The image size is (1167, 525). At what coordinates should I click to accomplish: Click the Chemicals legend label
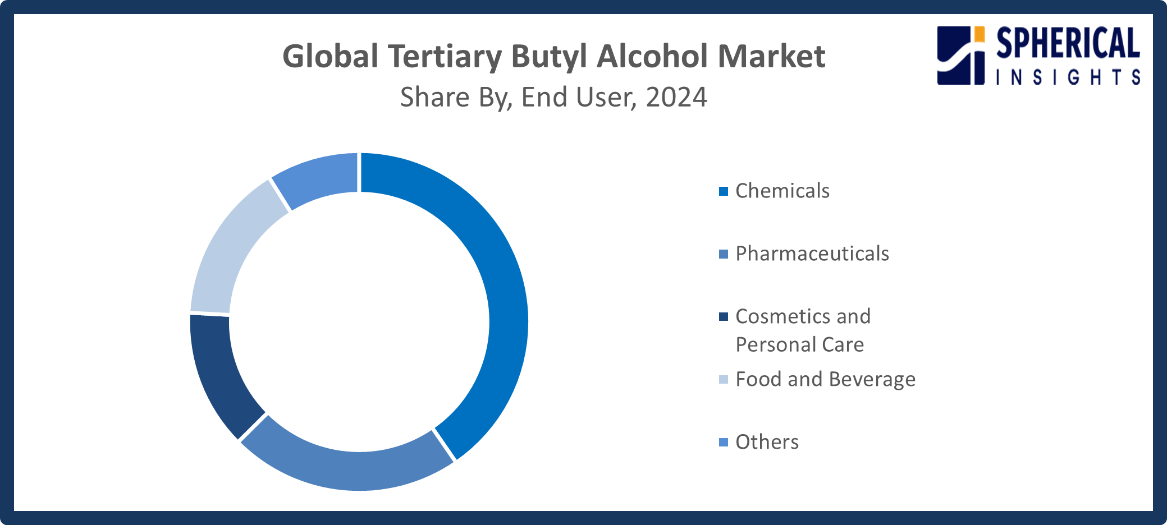point(782,191)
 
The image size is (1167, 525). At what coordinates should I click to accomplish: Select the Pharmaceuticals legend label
point(812,254)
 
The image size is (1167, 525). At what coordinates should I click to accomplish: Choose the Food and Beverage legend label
point(825,380)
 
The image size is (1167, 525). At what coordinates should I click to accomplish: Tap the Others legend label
point(767,443)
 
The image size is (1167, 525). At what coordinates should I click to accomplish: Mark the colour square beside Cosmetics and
point(724,317)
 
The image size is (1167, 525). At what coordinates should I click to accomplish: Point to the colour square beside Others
point(724,443)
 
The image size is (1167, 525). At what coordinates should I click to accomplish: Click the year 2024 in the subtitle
point(676,98)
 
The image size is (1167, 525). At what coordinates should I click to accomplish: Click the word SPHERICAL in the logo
point(1068,44)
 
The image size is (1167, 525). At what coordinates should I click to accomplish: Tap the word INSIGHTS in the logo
point(1068,77)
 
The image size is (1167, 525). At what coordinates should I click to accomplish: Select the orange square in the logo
point(979,34)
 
